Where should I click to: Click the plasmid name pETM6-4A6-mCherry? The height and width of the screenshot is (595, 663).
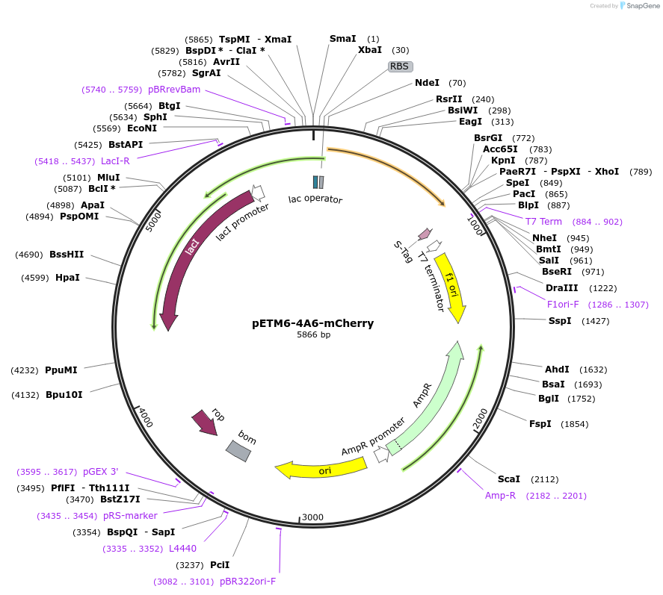pos(312,323)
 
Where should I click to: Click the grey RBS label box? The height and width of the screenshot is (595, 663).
pos(399,66)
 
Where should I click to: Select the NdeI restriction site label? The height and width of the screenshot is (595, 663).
pos(428,83)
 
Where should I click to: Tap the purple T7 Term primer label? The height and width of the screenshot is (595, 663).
pos(543,222)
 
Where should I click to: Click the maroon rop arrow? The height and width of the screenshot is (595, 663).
pos(204,423)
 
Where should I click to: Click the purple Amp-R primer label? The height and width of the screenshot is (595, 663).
pos(500,496)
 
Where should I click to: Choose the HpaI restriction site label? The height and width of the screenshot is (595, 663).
pos(68,278)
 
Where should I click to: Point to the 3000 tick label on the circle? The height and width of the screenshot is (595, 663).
pos(312,517)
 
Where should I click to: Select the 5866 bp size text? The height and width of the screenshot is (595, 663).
pos(313,335)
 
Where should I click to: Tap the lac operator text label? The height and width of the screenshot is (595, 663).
pos(315,199)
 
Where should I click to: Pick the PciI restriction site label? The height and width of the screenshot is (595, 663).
pos(220,565)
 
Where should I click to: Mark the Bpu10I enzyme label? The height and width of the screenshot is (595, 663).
pos(64,394)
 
